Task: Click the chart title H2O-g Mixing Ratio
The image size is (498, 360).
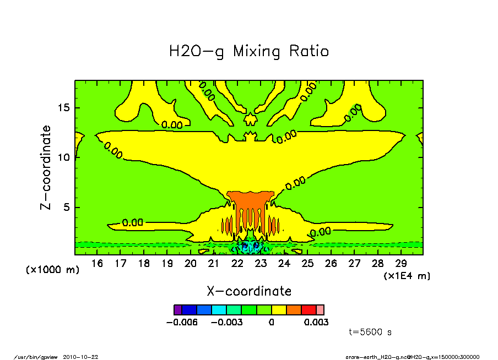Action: [x=248, y=52]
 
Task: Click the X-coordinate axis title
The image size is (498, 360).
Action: [x=249, y=291]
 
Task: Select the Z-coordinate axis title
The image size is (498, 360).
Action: [x=46, y=167]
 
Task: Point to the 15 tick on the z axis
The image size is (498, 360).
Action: [x=65, y=108]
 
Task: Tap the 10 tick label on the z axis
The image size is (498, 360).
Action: [x=65, y=158]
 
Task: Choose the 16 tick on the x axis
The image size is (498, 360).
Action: [x=97, y=264]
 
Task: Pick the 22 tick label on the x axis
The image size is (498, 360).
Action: [x=237, y=264]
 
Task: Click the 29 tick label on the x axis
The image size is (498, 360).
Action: [x=400, y=264]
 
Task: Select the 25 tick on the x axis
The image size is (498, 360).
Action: [x=307, y=264]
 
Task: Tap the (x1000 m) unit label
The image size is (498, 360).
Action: [x=53, y=270]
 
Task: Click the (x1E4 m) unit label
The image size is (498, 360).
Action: [x=407, y=275]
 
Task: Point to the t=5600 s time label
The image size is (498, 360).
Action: [x=370, y=332]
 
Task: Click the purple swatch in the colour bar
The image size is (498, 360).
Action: [x=177, y=310]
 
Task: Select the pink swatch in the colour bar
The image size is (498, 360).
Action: [x=320, y=310]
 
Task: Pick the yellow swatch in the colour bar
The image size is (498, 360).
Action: [x=279, y=310]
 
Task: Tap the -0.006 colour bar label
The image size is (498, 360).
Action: [x=182, y=322]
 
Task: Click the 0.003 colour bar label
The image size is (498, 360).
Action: [x=316, y=322]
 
